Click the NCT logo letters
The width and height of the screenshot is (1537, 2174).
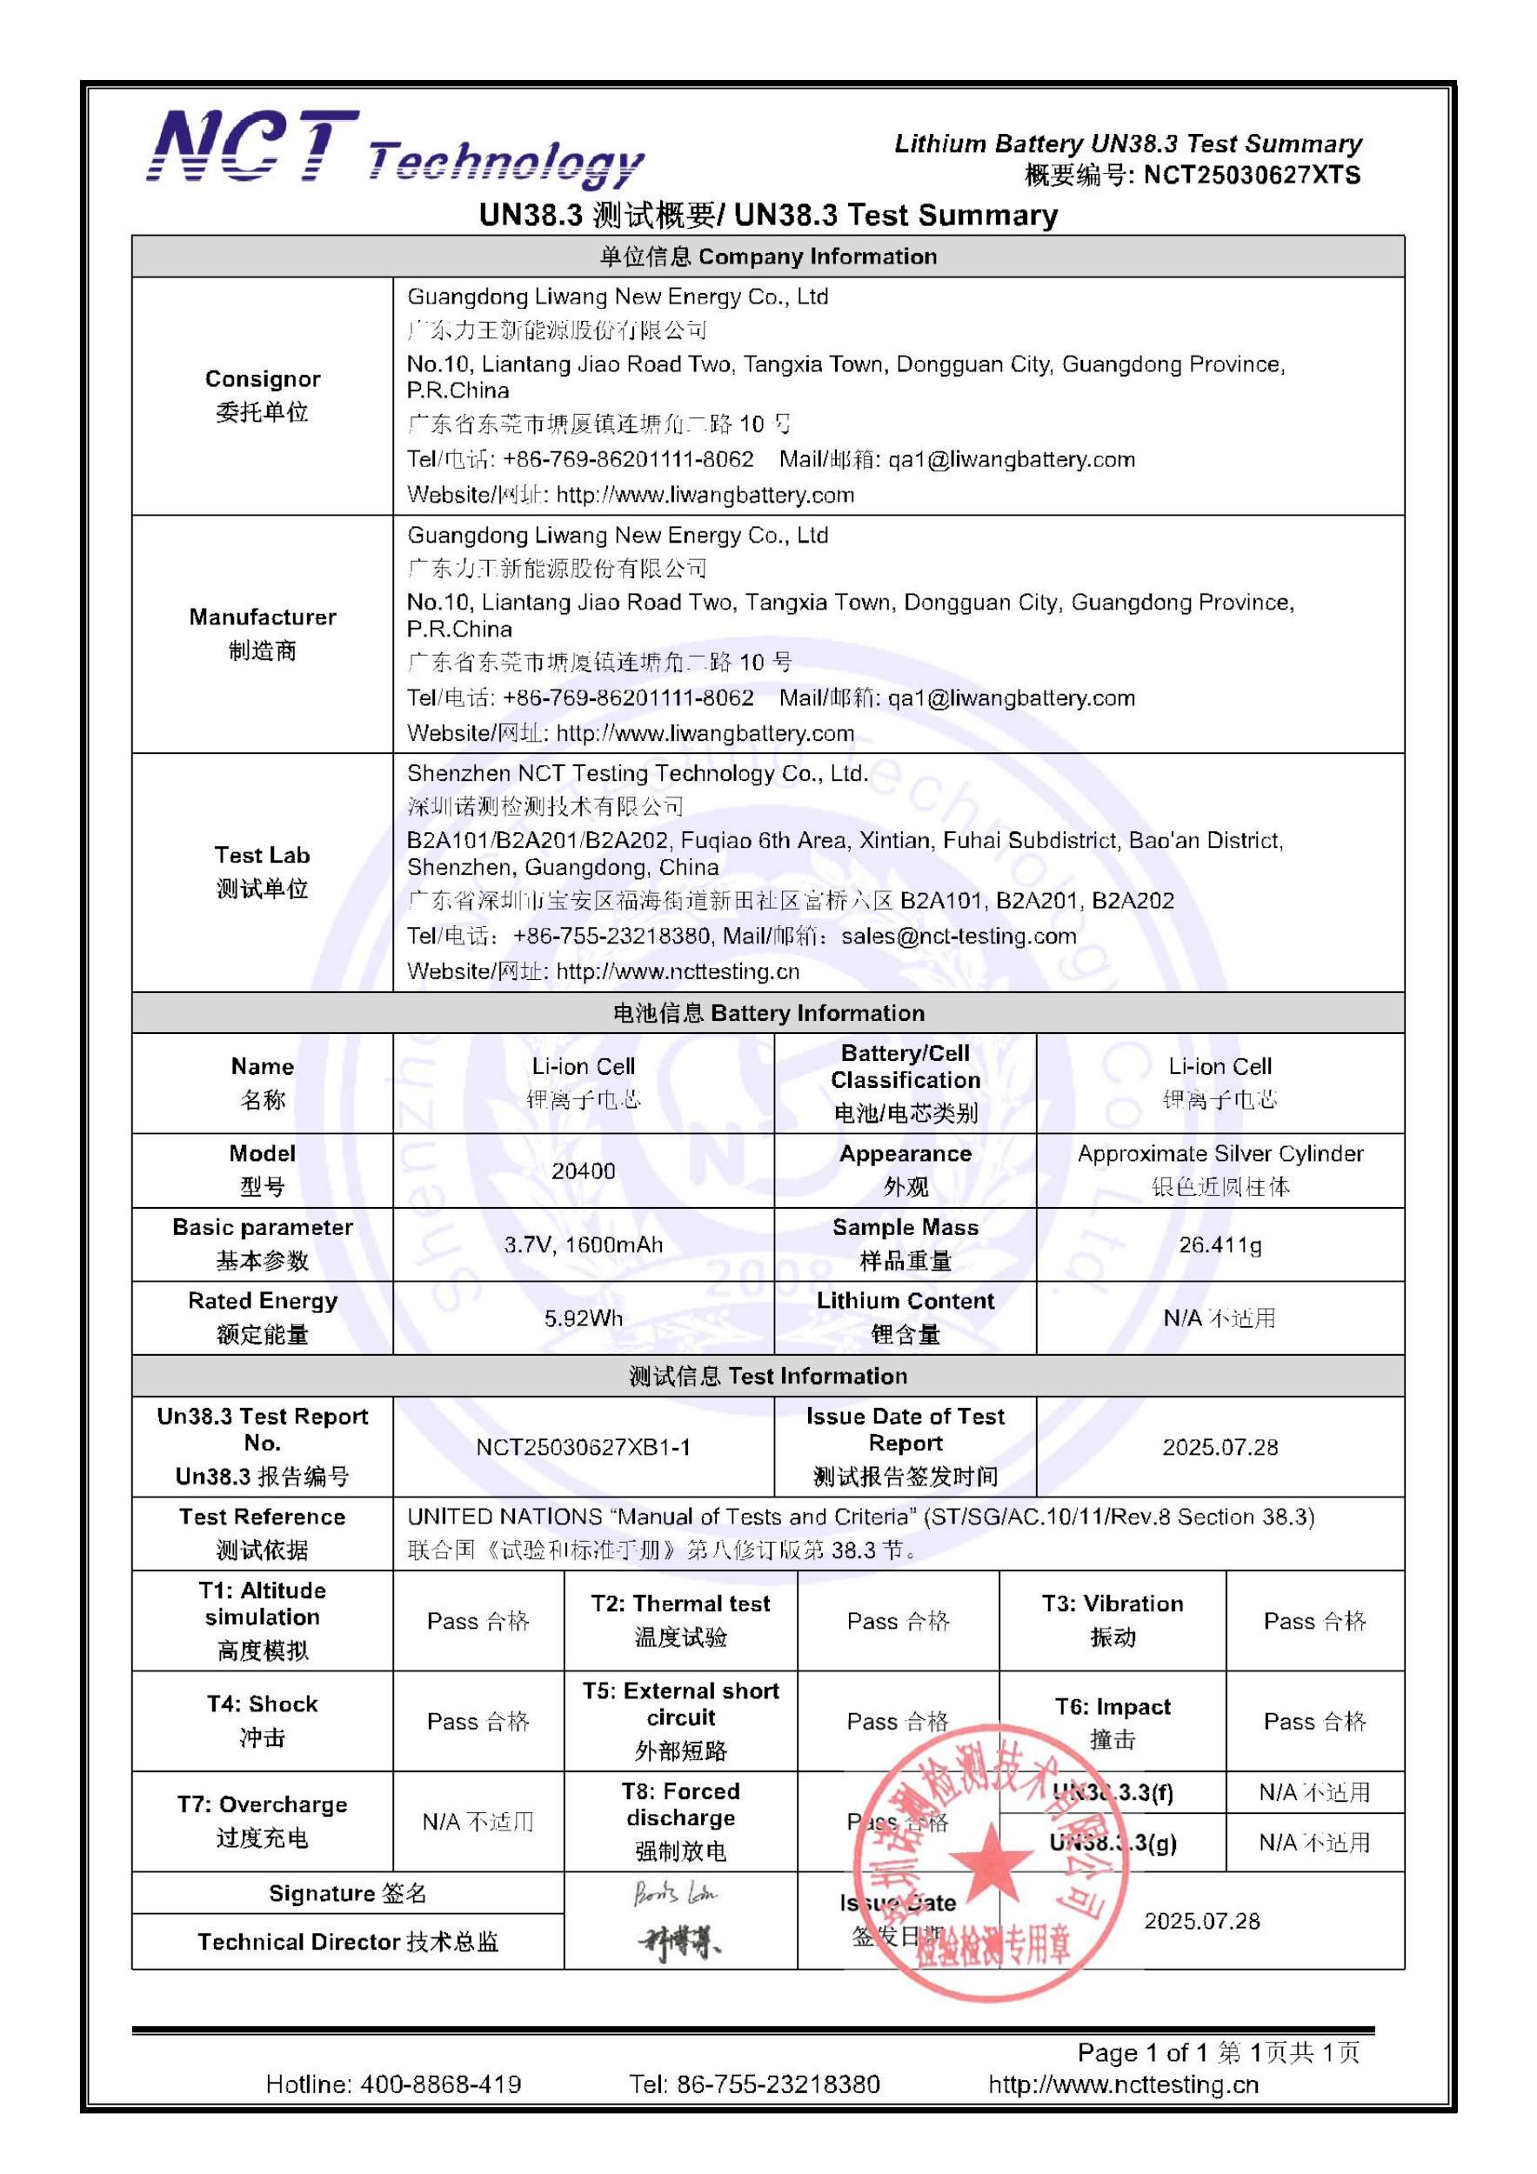click(x=251, y=146)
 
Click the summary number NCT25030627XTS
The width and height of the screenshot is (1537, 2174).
click(x=1251, y=175)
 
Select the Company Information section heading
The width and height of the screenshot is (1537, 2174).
click(x=767, y=257)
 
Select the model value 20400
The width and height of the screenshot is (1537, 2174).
click(x=584, y=1171)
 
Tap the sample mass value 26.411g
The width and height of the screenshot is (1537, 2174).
click(x=1220, y=1244)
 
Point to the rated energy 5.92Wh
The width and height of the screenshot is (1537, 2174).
click(x=584, y=1318)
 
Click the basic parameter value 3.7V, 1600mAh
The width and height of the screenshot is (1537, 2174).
click(x=584, y=1244)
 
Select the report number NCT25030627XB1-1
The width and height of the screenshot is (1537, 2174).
click(x=584, y=1447)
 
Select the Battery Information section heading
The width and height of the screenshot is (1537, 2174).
click(x=767, y=1013)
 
